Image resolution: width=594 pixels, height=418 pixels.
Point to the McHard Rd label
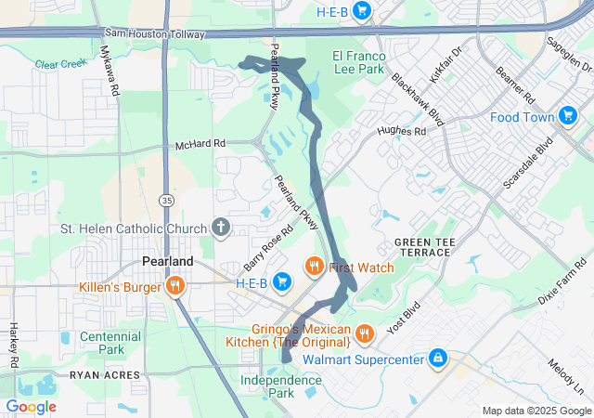tap(200, 145)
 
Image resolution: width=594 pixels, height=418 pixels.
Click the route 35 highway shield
tap(165, 200)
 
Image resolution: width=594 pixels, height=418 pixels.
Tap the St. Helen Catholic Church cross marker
tap(221, 228)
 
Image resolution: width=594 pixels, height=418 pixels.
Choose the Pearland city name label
tap(167, 261)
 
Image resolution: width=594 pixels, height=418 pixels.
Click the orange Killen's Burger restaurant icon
tap(174, 287)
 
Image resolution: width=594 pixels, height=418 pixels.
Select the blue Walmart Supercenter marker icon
tap(437, 358)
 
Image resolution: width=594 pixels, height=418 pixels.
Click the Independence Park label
tap(280, 386)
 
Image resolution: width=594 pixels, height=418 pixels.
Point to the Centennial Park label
tap(110, 343)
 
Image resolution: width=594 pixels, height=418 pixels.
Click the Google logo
tap(31, 406)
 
